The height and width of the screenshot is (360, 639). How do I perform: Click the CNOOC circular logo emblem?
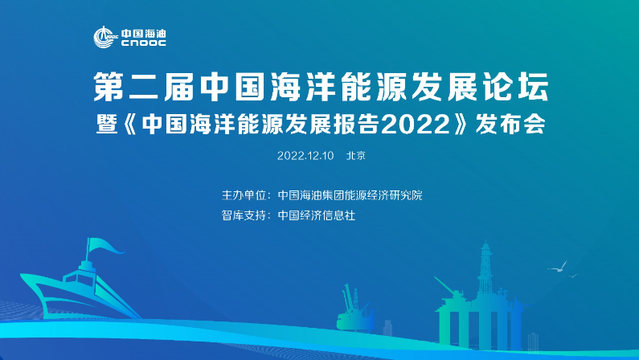[104, 37]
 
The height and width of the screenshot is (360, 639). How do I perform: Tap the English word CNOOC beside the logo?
[144, 43]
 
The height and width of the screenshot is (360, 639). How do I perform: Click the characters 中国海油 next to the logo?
[144, 34]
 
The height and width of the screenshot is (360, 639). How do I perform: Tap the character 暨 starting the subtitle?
[107, 125]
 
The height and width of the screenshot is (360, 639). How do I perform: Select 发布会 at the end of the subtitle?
[510, 125]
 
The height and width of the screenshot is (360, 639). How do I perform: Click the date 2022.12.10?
[305, 156]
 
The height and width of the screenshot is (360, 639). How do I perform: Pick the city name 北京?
[356, 156]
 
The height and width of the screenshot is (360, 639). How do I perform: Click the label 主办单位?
[244, 195]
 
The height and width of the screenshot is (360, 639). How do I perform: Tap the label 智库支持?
[244, 215]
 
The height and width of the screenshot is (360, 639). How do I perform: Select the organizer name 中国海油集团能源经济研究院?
[350, 195]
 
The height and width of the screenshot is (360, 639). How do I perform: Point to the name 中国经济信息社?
[316, 215]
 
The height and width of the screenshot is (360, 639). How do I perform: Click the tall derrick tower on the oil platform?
[485, 268]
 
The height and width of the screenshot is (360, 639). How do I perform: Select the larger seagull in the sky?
[558, 268]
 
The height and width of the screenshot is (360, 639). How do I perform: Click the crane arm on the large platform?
[445, 286]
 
